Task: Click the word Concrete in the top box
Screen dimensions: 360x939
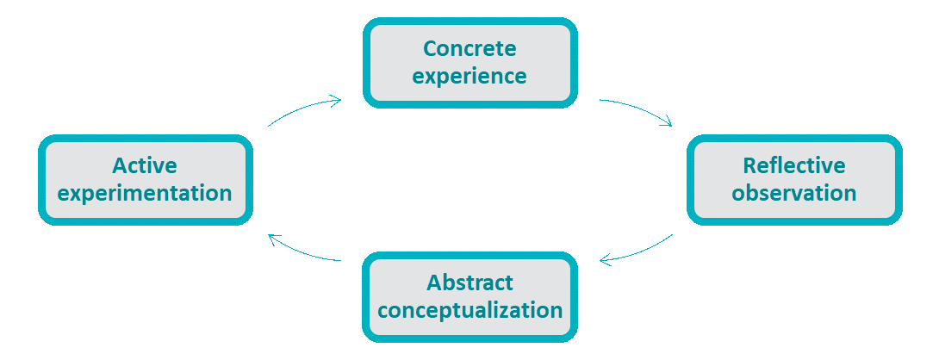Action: [469, 48]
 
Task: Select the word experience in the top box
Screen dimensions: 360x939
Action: [469, 75]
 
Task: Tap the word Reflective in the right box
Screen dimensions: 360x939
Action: [794, 164]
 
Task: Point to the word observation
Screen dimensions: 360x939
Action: [794, 192]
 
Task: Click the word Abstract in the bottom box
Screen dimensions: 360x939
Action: [469, 282]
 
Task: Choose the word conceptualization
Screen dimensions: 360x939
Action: [469, 309]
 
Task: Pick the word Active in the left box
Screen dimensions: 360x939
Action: [145, 164]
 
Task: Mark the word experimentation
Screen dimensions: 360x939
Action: [145, 192]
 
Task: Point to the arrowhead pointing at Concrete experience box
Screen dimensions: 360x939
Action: [335, 100]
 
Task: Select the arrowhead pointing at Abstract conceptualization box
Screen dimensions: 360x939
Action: [605, 260]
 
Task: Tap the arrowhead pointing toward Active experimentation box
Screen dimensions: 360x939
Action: [273, 238]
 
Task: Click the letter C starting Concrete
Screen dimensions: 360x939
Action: [428, 48]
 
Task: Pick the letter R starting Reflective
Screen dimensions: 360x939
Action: [749, 164]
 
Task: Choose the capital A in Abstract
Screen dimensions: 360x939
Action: [433, 282]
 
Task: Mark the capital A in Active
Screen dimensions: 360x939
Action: [119, 164]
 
